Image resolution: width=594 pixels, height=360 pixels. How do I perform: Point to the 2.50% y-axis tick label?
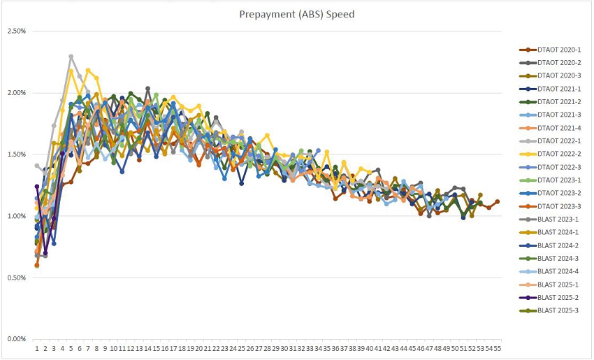click(x=16, y=31)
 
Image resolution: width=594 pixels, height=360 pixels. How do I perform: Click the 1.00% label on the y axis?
click(x=16, y=216)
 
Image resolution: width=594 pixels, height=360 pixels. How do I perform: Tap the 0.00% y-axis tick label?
click(x=16, y=339)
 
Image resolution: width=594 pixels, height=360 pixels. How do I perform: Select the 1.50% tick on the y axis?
click(x=16, y=154)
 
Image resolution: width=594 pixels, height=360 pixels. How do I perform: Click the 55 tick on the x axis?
click(x=497, y=347)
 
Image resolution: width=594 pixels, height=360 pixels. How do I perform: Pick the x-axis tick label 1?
click(x=37, y=347)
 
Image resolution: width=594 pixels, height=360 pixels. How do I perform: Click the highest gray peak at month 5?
click(x=71, y=57)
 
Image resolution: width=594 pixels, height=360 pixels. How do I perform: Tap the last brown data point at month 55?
click(x=497, y=201)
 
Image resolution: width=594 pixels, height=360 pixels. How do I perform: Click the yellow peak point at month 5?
click(x=71, y=71)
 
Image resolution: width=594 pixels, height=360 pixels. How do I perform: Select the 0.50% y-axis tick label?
click(x=16, y=278)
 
